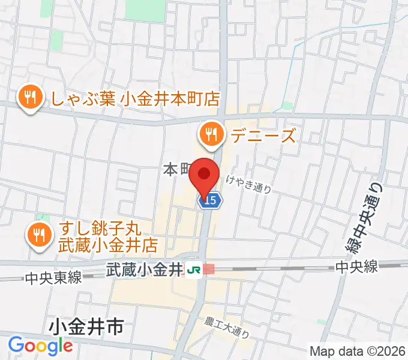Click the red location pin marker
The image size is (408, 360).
click(x=204, y=175)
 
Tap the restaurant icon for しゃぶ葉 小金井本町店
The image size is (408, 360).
click(x=29, y=97)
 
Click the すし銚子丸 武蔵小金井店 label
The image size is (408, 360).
click(x=108, y=238)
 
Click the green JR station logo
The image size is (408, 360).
click(x=193, y=269)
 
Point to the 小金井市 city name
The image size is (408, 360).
click(x=87, y=328)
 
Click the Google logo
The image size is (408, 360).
click(x=40, y=346)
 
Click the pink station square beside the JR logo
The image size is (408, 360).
click(x=208, y=269)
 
